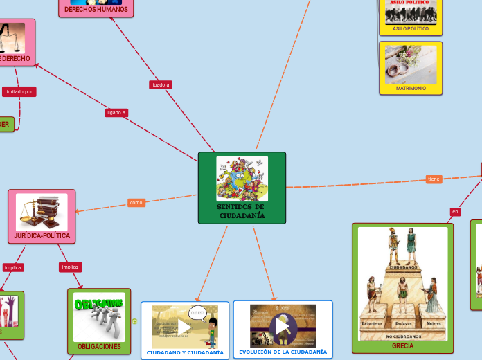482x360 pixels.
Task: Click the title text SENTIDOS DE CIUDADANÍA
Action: click(241, 211)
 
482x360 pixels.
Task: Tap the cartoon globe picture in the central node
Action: click(242, 179)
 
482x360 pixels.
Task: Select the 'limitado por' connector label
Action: click(19, 91)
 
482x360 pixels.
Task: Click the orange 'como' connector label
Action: click(136, 203)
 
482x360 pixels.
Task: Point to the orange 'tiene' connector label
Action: click(434, 179)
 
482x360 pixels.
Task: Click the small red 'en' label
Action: click(455, 211)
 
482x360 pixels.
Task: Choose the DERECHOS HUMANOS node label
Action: click(96, 10)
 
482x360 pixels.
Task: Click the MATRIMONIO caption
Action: click(411, 89)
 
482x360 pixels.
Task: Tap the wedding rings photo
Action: click(411, 65)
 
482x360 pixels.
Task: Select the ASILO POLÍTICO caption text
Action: click(411, 29)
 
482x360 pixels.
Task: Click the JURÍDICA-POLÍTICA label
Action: click(42, 235)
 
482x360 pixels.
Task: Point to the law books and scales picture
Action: click(42, 212)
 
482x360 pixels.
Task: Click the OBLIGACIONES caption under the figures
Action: click(99, 346)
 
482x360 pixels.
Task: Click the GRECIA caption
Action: click(402, 345)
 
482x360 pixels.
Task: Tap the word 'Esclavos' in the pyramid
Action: click(402, 323)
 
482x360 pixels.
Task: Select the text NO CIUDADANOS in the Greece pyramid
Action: click(402, 336)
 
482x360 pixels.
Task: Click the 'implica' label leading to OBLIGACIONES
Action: click(70, 267)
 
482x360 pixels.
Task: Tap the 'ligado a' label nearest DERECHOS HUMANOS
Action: click(160, 84)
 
